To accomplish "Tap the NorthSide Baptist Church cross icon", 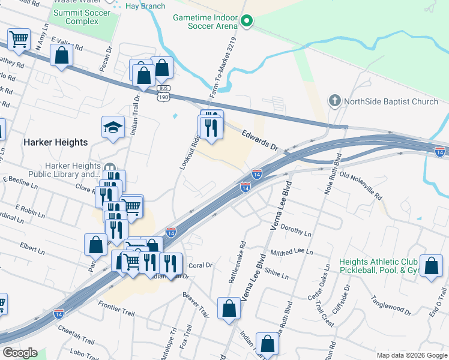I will (x=335, y=101).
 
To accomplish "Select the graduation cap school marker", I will (x=113, y=127).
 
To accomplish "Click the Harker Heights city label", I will (x=55, y=143).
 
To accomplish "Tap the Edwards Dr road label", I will (x=261, y=140).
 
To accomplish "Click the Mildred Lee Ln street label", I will (x=292, y=253).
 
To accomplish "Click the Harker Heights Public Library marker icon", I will (x=109, y=169).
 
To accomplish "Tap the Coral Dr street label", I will (x=200, y=265).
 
